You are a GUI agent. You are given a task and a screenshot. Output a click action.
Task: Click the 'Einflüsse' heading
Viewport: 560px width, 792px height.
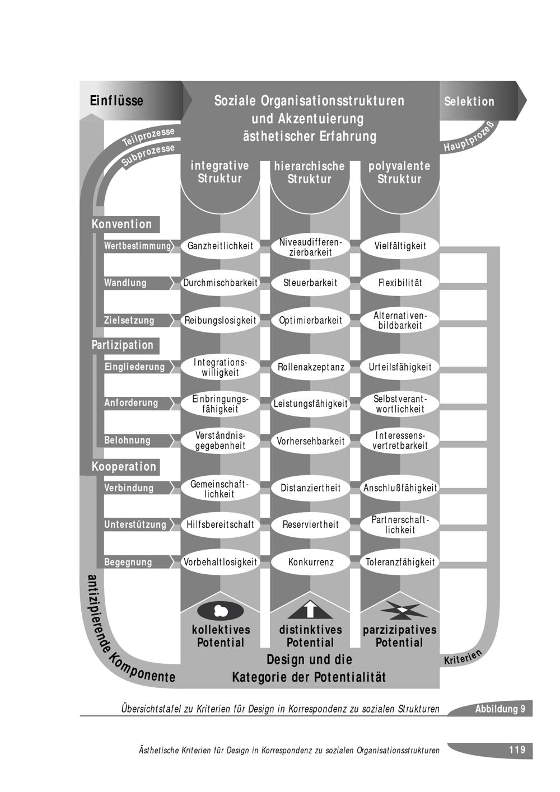click(116, 101)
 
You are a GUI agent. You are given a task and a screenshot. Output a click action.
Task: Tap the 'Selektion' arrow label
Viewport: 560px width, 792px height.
click(469, 101)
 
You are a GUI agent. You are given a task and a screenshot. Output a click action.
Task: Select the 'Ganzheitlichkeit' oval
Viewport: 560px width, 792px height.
click(220, 246)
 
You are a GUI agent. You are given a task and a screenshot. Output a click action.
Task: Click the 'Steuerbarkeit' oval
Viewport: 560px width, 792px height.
click(310, 283)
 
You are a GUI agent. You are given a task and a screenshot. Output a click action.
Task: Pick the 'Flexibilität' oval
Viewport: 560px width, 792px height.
click(400, 283)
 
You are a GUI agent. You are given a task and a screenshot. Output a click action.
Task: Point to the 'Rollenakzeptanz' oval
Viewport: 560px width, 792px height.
click(310, 367)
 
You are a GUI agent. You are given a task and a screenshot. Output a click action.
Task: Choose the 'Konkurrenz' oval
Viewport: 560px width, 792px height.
click(310, 562)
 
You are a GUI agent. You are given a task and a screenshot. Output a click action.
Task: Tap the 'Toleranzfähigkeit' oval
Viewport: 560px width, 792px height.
click(400, 562)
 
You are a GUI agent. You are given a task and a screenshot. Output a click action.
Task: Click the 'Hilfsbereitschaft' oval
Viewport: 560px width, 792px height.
click(220, 524)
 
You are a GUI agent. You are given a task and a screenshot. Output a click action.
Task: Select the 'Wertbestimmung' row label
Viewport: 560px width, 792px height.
click(137, 246)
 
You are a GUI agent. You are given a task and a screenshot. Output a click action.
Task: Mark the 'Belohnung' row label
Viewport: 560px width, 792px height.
click(128, 440)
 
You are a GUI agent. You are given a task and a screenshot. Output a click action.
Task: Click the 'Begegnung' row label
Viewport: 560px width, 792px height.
click(128, 562)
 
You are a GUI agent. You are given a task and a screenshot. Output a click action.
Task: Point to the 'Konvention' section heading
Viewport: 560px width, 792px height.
click(122, 224)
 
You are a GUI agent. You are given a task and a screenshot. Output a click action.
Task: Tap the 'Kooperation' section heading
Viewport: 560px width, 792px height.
click(124, 467)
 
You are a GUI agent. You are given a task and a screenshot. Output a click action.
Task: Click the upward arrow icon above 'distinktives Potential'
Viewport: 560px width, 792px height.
click(310, 608)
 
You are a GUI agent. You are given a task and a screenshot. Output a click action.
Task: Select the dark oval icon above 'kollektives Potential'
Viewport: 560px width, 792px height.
click(220, 610)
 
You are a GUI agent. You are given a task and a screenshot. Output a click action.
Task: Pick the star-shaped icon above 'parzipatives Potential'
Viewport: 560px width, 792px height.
click(400, 609)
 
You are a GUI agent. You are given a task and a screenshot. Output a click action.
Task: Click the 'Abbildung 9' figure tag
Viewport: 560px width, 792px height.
click(500, 709)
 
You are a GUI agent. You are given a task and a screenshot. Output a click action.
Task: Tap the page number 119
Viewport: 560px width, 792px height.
click(517, 750)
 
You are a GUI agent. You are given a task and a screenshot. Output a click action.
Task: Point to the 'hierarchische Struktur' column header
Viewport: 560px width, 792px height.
click(310, 173)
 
